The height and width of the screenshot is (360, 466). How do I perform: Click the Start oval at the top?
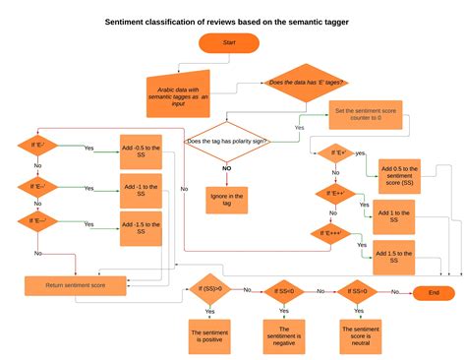pos(230,43)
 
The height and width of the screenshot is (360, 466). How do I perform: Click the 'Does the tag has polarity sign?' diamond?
pos(229,142)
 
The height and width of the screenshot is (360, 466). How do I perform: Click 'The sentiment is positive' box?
pos(208,335)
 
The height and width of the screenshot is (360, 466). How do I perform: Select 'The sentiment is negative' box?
pos(283,335)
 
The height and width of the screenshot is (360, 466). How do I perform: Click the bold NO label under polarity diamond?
pos(226,168)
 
